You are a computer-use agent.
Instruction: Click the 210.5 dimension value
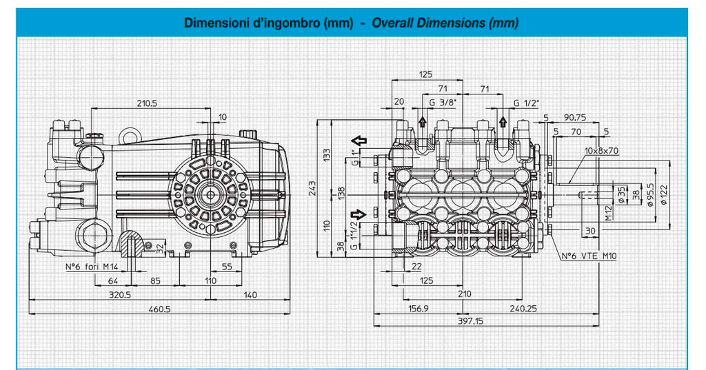(x=147, y=103)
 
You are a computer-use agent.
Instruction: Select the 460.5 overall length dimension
(x=160, y=309)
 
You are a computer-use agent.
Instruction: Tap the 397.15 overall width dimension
(x=470, y=321)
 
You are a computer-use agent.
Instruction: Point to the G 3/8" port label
(x=443, y=102)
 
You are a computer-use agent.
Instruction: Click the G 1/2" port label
(x=526, y=103)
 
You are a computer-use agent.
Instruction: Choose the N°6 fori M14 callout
(x=92, y=267)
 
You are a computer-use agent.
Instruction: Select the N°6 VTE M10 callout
(x=589, y=256)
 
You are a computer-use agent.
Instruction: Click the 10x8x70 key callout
(x=601, y=150)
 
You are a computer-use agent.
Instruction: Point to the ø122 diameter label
(x=664, y=195)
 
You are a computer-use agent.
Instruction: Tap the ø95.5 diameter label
(x=650, y=195)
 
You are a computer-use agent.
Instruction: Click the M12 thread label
(x=608, y=212)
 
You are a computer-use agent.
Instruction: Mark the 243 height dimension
(x=312, y=188)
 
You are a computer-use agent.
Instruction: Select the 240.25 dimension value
(x=523, y=309)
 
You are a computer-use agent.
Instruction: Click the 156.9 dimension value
(x=418, y=309)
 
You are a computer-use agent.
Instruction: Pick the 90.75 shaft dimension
(x=575, y=118)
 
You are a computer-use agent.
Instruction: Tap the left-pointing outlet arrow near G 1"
(x=359, y=140)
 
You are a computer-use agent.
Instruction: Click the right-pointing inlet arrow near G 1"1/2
(x=359, y=214)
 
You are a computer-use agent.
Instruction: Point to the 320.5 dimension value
(x=120, y=295)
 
